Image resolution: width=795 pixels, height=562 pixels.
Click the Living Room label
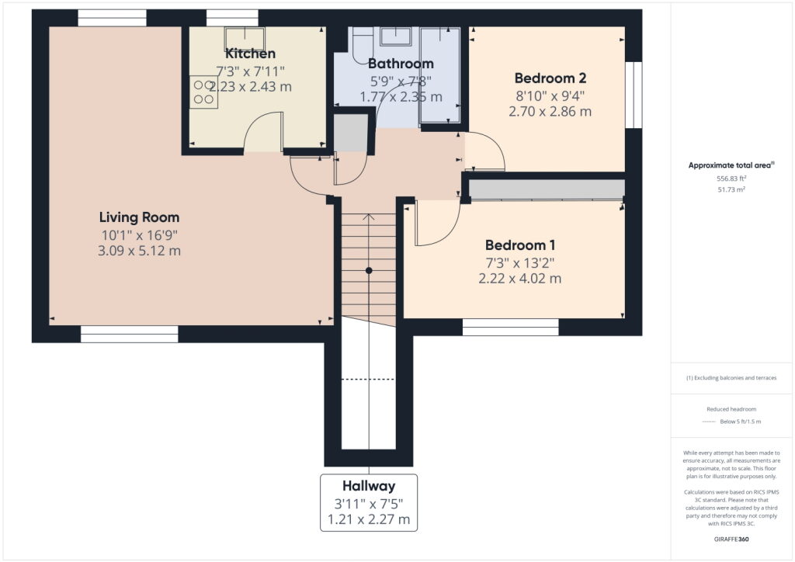[x=139, y=217]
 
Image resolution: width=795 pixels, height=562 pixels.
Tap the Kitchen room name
[x=250, y=54]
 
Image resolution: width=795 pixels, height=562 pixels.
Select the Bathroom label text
[x=401, y=64]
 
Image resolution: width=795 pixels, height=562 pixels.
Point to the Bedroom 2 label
[x=550, y=78]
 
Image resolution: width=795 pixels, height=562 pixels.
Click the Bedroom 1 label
[x=519, y=245]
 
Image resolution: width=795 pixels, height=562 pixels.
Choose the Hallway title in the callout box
[x=369, y=486]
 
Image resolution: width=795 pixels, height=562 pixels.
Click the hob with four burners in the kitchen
[x=204, y=91]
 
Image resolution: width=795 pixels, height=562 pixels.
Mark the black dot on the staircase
[x=369, y=270]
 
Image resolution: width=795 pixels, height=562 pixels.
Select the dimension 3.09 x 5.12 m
[x=139, y=251]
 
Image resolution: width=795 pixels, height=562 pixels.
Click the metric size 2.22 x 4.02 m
[x=519, y=279]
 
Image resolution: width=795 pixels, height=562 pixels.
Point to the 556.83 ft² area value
[x=731, y=178]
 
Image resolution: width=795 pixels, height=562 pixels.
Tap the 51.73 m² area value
[x=731, y=189]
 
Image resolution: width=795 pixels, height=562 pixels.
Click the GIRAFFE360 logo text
[x=731, y=539]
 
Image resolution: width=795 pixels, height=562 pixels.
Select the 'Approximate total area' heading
[x=731, y=165]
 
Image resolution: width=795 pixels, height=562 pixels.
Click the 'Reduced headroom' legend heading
[x=731, y=409]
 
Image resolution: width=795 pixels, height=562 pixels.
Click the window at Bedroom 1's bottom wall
[x=510, y=328]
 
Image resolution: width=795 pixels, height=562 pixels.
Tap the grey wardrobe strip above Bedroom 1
[x=547, y=189]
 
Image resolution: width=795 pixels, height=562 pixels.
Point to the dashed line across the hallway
[x=369, y=379]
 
